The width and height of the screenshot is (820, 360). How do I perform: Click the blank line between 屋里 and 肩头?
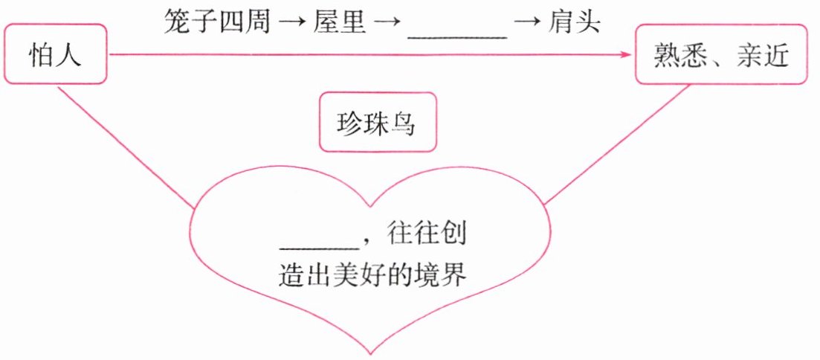456,34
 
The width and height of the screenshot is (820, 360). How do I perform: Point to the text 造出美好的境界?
371,275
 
